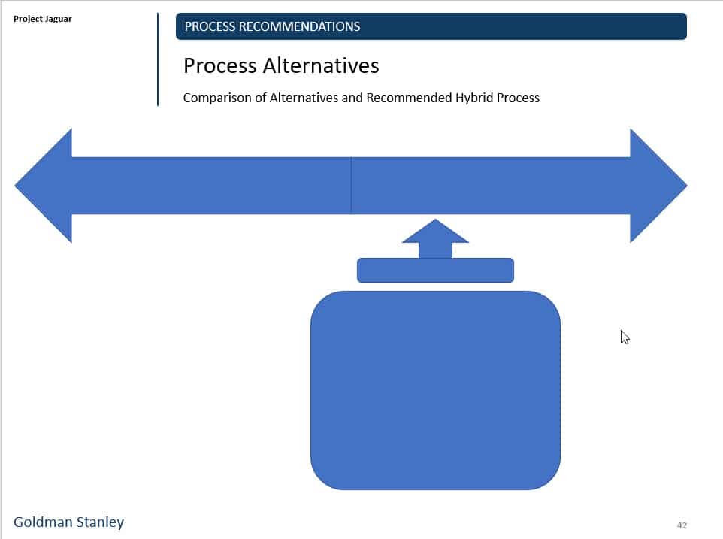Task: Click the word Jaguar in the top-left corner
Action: (x=58, y=19)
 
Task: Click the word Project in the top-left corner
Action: (x=28, y=19)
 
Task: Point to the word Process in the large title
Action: (x=219, y=66)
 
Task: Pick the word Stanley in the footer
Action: (x=100, y=522)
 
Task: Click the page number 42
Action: (x=682, y=525)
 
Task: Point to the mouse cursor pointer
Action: (x=624, y=336)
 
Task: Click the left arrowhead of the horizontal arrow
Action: (x=45, y=186)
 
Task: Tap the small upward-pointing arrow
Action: (x=435, y=238)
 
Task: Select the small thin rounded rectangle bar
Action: (x=435, y=270)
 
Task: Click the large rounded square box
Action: (x=435, y=390)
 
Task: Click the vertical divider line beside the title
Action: (x=158, y=59)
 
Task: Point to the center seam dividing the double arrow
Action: (x=351, y=186)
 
